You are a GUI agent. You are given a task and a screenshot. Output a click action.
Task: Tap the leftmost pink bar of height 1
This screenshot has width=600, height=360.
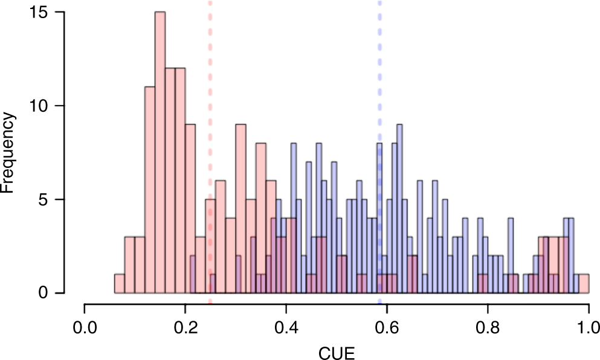pos(119,284)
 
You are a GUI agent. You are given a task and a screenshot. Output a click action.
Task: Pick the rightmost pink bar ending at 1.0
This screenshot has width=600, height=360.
pos(584,284)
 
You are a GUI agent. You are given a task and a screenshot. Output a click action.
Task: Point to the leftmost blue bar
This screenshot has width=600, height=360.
pos(193,275)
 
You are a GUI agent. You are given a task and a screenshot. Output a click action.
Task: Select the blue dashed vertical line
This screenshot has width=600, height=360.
pos(379,91)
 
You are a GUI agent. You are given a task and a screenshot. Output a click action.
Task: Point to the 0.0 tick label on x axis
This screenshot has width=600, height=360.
pos(84,327)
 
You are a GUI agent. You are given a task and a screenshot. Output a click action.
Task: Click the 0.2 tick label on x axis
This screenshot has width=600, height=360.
pos(185,327)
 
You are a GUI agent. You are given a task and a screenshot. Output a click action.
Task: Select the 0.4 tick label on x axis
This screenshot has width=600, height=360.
pos(286,327)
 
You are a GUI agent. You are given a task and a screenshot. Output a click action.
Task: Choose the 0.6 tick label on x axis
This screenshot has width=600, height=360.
pos(387,327)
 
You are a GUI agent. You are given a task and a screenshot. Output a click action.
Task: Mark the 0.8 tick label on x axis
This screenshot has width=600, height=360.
pos(488,327)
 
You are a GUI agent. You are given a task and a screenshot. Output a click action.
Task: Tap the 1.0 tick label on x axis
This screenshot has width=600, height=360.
pos(588,327)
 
